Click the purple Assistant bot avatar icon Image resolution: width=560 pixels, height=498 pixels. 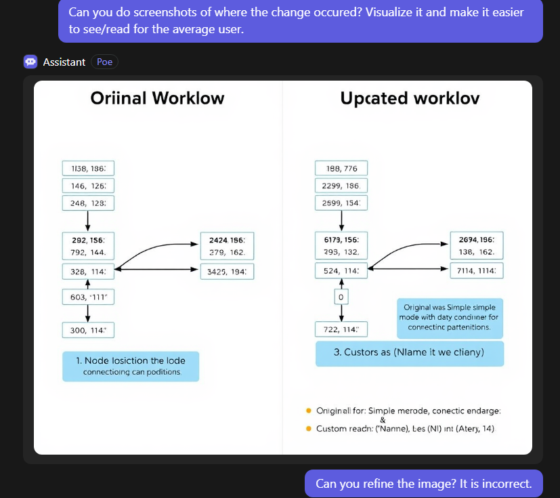pyautogui.click(x=30, y=62)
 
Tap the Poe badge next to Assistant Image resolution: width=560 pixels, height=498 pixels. pyautogui.click(x=104, y=62)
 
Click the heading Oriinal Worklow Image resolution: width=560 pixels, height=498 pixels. pyautogui.click(x=157, y=98)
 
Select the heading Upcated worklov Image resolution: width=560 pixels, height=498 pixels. pyautogui.click(x=410, y=98)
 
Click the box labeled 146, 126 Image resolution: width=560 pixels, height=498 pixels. pyautogui.click(x=88, y=185)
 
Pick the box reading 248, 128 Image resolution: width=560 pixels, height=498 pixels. pyautogui.click(x=88, y=203)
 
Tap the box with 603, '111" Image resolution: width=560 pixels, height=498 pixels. pyautogui.click(x=88, y=297)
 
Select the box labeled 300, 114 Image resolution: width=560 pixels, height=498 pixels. pyautogui.click(x=88, y=330)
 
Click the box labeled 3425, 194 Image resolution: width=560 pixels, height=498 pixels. pyautogui.click(x=227, y=272)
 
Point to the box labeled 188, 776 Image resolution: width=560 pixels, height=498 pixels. pyautogui.click(x=341, y=168)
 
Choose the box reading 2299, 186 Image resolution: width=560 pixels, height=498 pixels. pyautogui.click(x=341, y=185)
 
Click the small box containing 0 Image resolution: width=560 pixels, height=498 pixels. pyautogui.click(x=341, y=297)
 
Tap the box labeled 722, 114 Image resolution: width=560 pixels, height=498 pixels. pyautogui.click(x=341, y=330)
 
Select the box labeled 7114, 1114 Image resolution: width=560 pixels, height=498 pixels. pyautogui.click(x=477, y=271)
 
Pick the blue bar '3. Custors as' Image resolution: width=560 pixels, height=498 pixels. pyautogui.click(x=410, y=353)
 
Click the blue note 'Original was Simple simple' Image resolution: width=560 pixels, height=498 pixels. pyautogui.click(x=450, y=318)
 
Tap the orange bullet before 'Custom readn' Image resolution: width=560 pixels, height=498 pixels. pyautogui.click(x=309, y=429)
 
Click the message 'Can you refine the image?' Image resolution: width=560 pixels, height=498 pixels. pyautogui.click(x=424, y=484)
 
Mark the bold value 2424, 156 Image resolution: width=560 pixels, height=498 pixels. pyautogui.click(x=227, y=240)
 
